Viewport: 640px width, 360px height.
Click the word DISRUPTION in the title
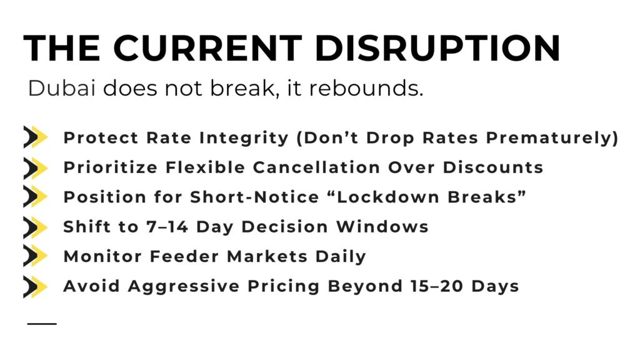[x=437, y=48]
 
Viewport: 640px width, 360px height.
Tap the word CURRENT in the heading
[x=207, y=48]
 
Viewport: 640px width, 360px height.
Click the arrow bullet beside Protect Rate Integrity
[x=36, y=137]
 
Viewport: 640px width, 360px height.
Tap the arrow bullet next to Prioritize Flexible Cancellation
[x=36, y=167]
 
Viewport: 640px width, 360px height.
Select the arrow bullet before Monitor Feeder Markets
[x=36, y=256]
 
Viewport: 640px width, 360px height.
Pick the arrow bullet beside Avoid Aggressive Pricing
[x=36, y=286]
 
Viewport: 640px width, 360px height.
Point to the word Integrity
[x=244, y=138]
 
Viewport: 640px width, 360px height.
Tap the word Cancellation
[x=317, y=167]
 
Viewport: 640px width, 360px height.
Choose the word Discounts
[x=493, y=167]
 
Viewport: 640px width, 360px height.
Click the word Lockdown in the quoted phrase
[x=387, y=197]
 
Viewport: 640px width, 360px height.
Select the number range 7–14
[x=167, y=227]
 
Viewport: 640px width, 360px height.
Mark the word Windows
[x=382, y=227]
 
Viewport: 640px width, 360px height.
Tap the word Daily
[x=341, y=257]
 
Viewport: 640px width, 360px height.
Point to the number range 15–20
[x=437, y=286]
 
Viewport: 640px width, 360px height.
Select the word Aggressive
[x=184, y=287]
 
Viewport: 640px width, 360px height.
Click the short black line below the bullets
[x=42, y=324]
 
